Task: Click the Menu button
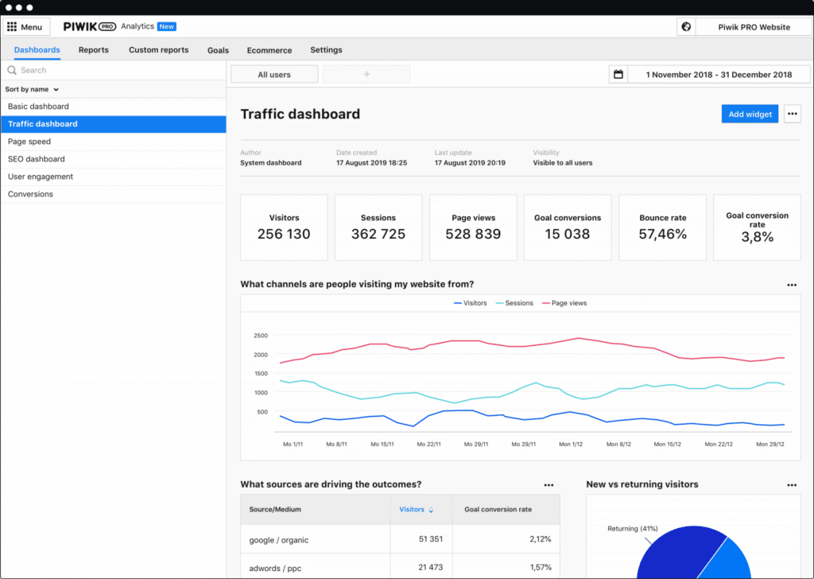tap(26, 27)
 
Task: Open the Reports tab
tap(93, 50)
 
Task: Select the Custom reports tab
tap(158, 50)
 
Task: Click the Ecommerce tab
tap(269, 50)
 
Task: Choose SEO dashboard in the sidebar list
tap(36, 159)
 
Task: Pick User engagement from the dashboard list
tap(40, 177)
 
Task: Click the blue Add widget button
tap(750, 114)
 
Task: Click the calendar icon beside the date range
tap(618, 75)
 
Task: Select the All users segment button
tap(274, 75)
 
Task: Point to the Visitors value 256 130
tap(284, 234)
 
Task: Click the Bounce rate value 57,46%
tap(662, 234)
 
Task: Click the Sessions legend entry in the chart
tap(518, 303)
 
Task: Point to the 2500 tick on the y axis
tap(260, 335)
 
